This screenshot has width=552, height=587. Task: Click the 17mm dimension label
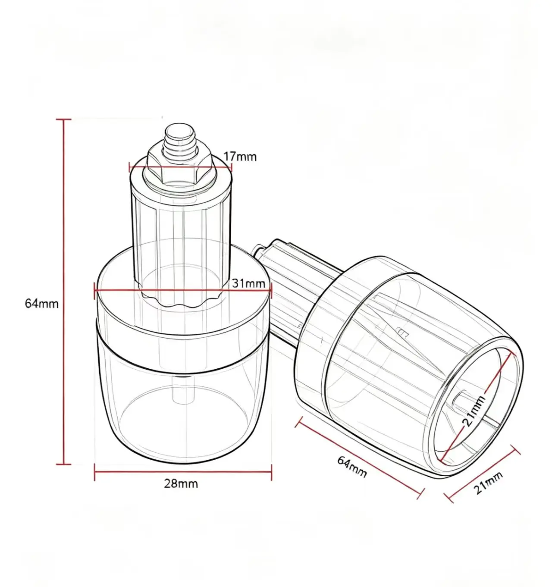pyautogui.click(x=239, y=157)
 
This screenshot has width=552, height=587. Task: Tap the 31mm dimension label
pyautogui.click(x=248, y=283)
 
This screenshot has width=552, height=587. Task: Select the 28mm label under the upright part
pyautogui.click(x=181, y=484)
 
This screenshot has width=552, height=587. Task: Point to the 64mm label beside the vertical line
pyautogui.click(x=42, y=304)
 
